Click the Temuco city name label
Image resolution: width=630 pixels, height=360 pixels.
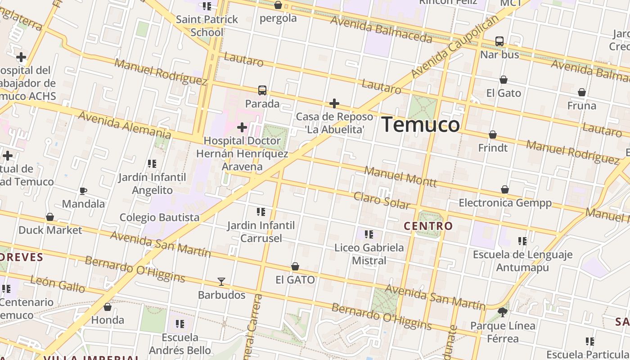(x=421, y=125)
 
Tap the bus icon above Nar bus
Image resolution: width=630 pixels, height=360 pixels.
(x=499, y=41)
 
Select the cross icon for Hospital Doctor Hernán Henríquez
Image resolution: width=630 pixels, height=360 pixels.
(x=242, y=127)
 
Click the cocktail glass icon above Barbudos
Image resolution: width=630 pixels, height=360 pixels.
(x=221, y=282)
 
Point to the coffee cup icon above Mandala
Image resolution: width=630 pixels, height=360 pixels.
(x=83, y=191)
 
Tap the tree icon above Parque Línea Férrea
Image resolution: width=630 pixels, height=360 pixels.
(x=503, y=312)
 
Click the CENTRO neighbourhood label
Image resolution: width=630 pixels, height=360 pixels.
(x=428, y=226)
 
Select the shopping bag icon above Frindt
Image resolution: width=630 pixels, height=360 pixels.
(x=493, y=135)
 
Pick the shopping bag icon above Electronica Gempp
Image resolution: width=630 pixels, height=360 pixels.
(x=505, y=190)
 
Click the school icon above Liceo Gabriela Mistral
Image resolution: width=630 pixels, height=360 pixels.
(x=369, y=234)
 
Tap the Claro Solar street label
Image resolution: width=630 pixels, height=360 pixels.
(x=382, y=201)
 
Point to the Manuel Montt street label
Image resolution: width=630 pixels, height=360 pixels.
(x=400, y=176)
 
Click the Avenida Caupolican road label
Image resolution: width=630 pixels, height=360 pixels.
(x=455, y=45)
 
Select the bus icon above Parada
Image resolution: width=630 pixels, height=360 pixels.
(x=262, y=90)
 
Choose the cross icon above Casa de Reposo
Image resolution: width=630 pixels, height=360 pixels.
(x=334, y=104)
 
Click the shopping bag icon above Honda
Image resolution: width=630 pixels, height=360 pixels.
(x=108, y=307)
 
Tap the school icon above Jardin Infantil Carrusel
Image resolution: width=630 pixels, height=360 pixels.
(x=261, y=212)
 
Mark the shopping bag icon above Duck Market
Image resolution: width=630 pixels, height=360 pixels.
(x=50, y=217)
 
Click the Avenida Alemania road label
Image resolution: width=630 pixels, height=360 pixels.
(x=125, y=125)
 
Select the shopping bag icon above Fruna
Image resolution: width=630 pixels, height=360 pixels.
(x=582, y=93)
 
